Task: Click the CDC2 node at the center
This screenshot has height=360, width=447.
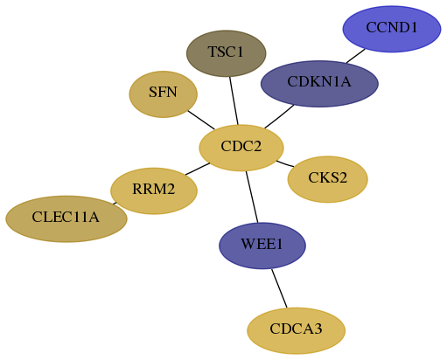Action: pyautogui.click(x=241, y=148)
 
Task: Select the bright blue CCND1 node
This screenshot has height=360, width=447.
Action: pyautogui.click(x=392, y=29)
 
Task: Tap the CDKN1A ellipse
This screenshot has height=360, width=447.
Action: pyautogui.click(x=319, y=84)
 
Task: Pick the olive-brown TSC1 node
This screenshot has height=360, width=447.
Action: pyautogui.click(x=227, y=53)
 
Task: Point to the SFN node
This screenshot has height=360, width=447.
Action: pyautogui.click(x=164, y=94)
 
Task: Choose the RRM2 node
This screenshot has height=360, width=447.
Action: pyautogui.click(x=154, y=190)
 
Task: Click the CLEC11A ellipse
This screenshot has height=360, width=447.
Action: pyautogui.click(x=66, y=218)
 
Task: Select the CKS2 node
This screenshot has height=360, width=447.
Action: pyautogui.click(x=328, y=179)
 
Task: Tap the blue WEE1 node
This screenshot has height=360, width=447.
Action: pyautogui.click(x=262, y=246)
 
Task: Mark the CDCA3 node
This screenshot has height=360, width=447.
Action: pyautogui.click(x=297, y=330)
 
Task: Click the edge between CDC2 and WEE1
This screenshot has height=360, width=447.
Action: pyautogui.click(x=252, y=197)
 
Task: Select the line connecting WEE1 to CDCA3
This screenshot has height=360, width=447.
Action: pyautogui.click(x=279, y=288)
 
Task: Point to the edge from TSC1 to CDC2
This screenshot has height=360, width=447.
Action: pyautogui.click(x=234, y=100)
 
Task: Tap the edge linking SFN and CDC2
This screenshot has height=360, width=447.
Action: pyautogui.click(x=201, y=120)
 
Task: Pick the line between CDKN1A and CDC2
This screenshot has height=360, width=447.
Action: pyautogui.click(x=279, y=116)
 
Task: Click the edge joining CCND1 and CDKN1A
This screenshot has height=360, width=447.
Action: pyautogui.click(x=356, y=56)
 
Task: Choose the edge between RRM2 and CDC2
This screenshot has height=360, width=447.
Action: pyautogui.click(x=198, y=169)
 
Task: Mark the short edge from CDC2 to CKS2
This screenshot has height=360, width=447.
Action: pyautogui.click(x=285, y=163)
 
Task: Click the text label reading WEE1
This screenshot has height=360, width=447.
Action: pyautogui.click(x=262, y=244)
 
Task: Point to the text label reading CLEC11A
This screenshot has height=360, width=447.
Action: pyautogui.click(x=66, y=218)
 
